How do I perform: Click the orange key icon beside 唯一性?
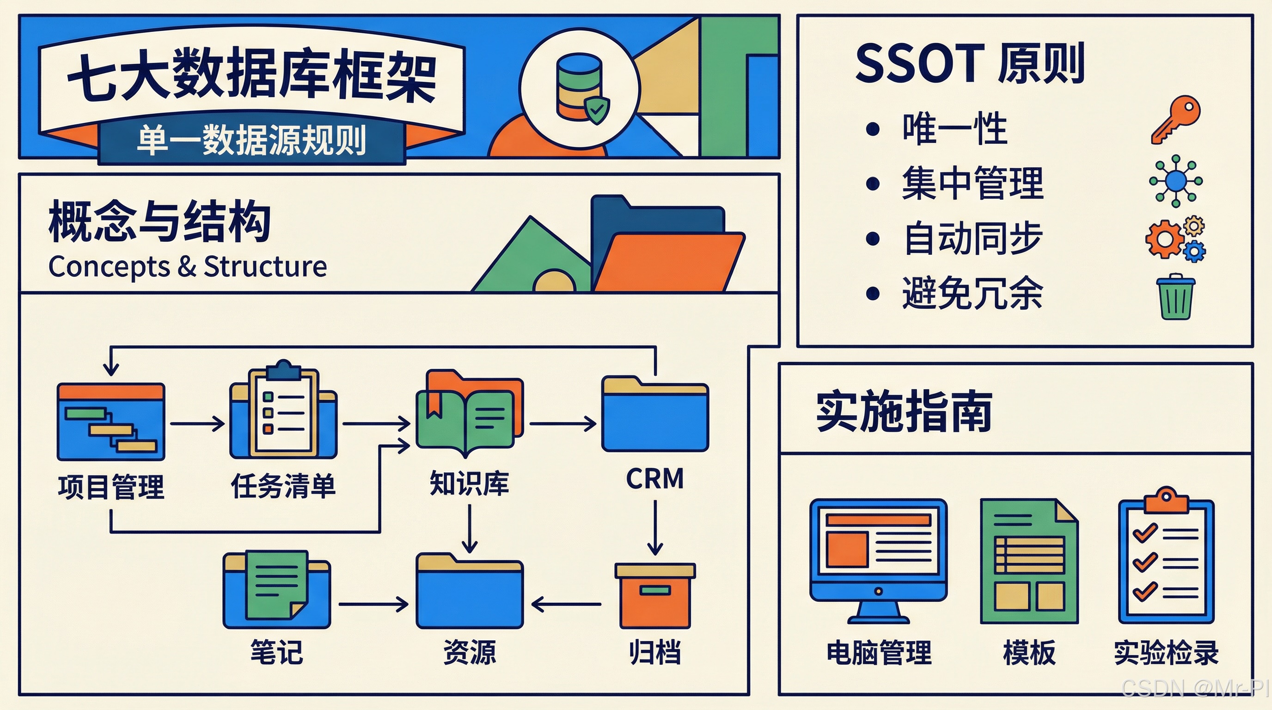pos(1175,120)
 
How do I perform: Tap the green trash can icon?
pos(1175,297)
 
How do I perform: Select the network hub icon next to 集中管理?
pos(1176,181)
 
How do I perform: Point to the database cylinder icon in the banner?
pos(578,88)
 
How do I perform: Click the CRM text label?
pos(655,479)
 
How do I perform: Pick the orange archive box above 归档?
pos(655,595)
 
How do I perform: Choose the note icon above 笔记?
pos(276,589)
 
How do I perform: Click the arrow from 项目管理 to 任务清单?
pos(197,423)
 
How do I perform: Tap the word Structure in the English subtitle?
pos(265,267)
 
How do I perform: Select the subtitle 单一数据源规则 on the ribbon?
pos(251,140)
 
